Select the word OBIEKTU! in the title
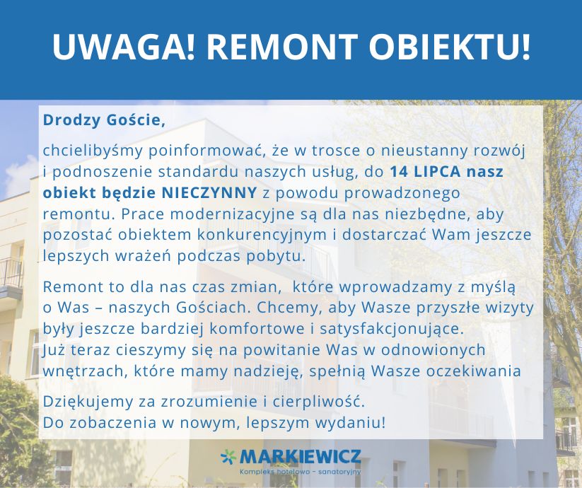coord(450,47)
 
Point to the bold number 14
coord(399,171)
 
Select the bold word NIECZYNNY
coord(209,192)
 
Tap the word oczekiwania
coord(474,371)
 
